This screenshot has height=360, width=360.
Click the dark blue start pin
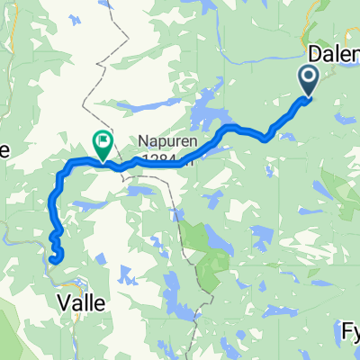pos(308,82)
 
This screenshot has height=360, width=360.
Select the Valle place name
pos(82,303)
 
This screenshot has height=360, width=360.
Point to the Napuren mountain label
pos(166,141)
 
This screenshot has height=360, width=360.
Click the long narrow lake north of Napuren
pos(144,104)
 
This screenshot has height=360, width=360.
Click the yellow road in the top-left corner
pos(11,27)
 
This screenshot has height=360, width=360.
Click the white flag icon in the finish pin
pos(103,140)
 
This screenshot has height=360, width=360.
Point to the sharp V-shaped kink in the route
pos(266,138)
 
